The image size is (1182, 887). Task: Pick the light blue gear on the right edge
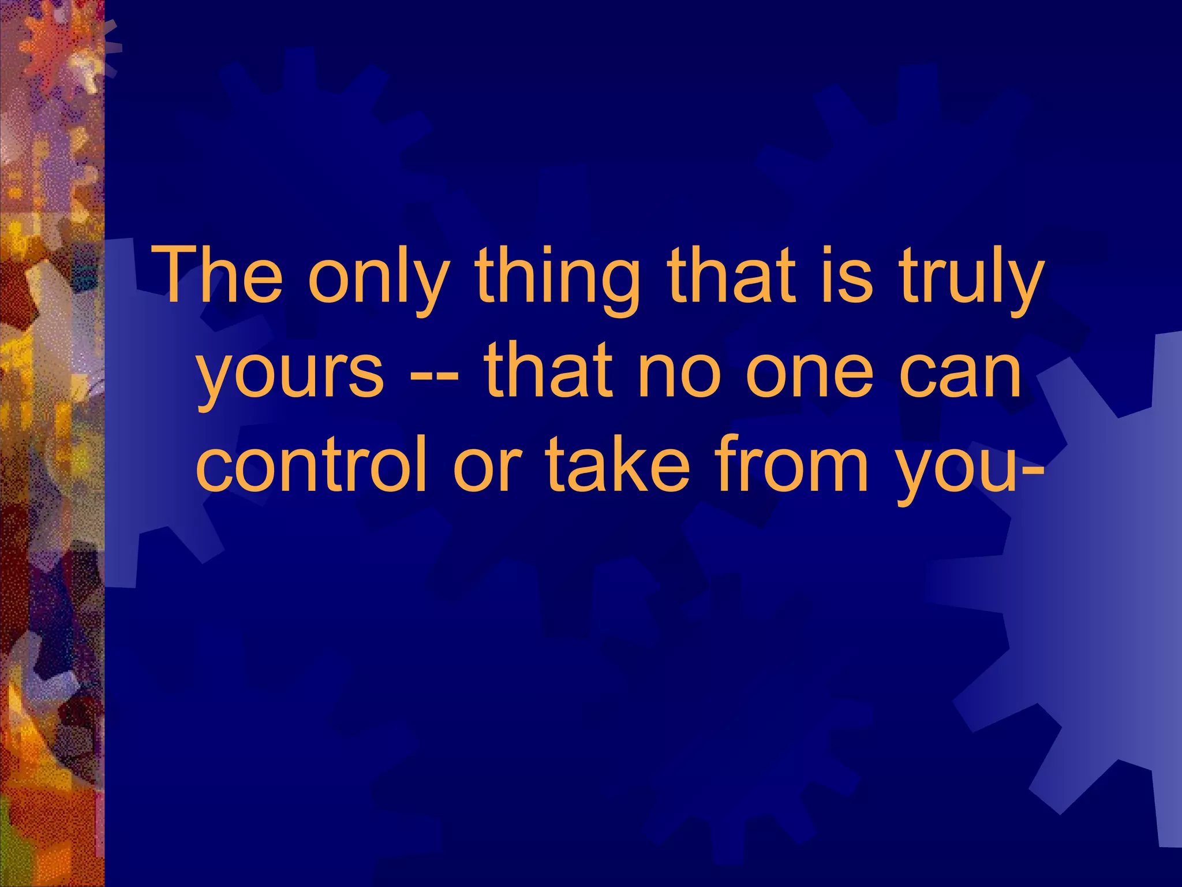click(x=1097, y=577)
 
